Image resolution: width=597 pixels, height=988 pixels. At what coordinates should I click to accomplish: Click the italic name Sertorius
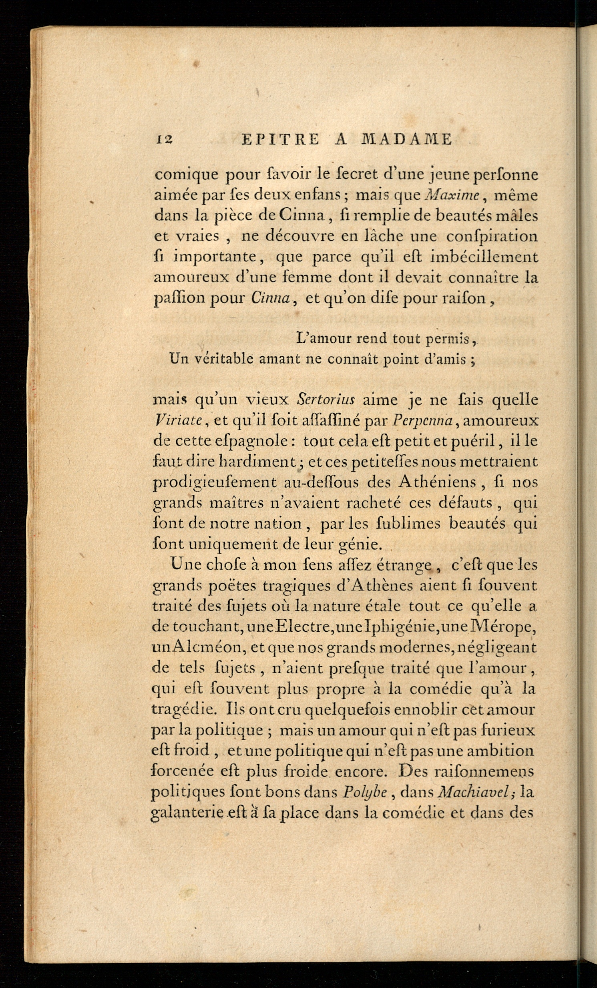click(326, 400)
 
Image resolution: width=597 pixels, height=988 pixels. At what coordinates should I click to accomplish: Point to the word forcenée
click(185, 771)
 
